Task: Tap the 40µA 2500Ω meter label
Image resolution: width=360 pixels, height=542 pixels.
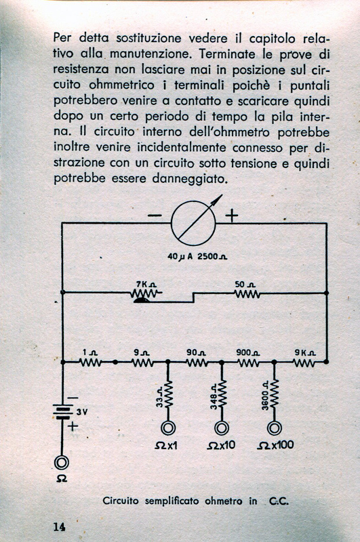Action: click(197, 257)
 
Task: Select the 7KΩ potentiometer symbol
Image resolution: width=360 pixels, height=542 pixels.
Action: click(146, 295)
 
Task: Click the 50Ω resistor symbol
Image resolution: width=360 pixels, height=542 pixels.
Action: click(247, 293)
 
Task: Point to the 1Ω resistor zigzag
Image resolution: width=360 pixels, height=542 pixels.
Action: click(90, 362)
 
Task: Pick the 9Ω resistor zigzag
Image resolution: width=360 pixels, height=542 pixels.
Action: click(142, 362)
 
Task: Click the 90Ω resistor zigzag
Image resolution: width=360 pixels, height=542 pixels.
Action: click(197, 362)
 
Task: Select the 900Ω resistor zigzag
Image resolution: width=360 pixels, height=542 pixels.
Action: click(248, 362)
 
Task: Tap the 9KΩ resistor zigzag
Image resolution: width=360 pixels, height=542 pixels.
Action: click(304, 362)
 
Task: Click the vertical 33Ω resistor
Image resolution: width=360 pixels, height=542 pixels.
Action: click(167, 394)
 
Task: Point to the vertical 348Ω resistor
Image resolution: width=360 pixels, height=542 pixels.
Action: click(222, 394)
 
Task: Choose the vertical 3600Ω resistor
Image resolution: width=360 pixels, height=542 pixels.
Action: click(274, 394)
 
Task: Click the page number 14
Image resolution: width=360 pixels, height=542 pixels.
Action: click(59, 527)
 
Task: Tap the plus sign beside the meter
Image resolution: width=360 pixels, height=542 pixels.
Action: click(232, 215)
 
